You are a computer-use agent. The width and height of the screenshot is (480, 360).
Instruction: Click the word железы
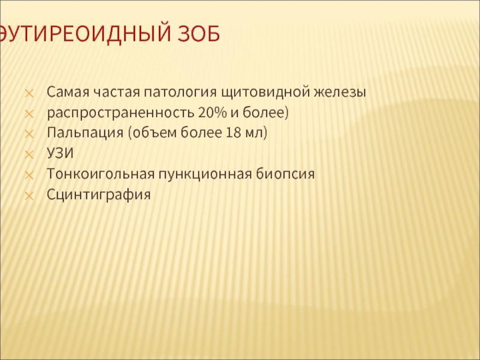340,92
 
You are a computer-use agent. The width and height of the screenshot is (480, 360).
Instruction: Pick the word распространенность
121,113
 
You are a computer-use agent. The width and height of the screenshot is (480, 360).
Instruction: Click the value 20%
213,112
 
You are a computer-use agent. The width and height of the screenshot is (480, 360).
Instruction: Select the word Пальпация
85,133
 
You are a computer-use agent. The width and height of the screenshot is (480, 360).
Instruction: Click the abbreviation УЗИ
61,153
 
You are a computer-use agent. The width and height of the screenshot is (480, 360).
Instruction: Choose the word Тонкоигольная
101,173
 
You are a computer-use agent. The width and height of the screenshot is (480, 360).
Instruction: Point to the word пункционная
205,173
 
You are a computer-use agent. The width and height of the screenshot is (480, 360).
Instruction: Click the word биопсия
286,173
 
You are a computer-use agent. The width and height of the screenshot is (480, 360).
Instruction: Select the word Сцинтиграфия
98,194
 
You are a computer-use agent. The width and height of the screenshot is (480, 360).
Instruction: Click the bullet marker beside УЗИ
29,155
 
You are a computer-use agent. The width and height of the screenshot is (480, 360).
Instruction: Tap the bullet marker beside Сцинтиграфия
29,196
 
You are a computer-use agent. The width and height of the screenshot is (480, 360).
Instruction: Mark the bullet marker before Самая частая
29,94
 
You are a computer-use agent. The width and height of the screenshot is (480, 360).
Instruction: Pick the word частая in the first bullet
116,92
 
